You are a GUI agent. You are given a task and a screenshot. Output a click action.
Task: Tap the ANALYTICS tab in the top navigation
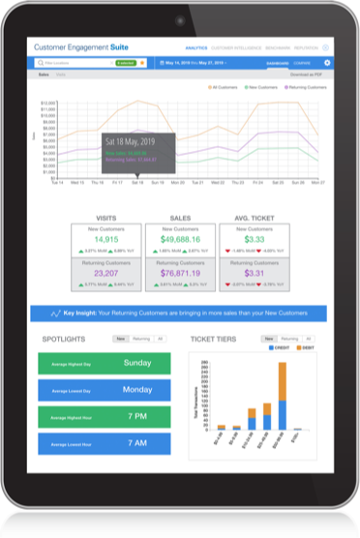(x=195, y=46)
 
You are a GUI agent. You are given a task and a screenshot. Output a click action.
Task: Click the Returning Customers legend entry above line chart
(x=301, y=87)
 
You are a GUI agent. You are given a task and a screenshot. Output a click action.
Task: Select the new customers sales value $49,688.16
(x=179, y=238)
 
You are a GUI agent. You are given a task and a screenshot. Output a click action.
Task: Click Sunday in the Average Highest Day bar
(x=136, y=364)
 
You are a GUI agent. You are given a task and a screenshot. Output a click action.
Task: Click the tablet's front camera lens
(x=180, y=19)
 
